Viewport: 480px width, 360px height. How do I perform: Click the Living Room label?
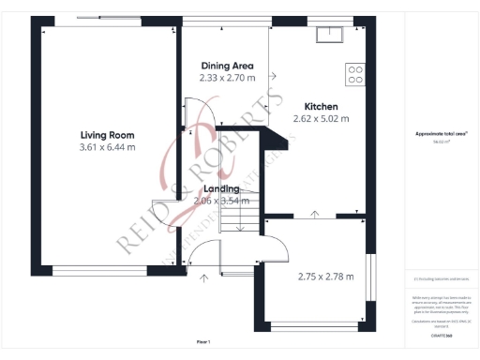click(107, 135)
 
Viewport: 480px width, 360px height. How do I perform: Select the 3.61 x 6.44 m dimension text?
click(107, 147)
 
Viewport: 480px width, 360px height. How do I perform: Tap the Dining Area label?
click(227, 66)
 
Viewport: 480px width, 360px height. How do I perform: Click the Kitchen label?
click(321, 106)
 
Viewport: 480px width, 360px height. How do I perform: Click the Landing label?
click(221, 188)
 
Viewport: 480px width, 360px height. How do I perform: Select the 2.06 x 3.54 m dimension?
click(221, 201)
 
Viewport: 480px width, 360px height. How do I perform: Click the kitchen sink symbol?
click(329, 36)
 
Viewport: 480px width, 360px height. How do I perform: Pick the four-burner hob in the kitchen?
click(355, 74)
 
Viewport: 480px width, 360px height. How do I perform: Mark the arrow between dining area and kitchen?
click(273, 76)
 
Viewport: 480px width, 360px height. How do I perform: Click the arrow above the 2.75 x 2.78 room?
click(314, 215)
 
